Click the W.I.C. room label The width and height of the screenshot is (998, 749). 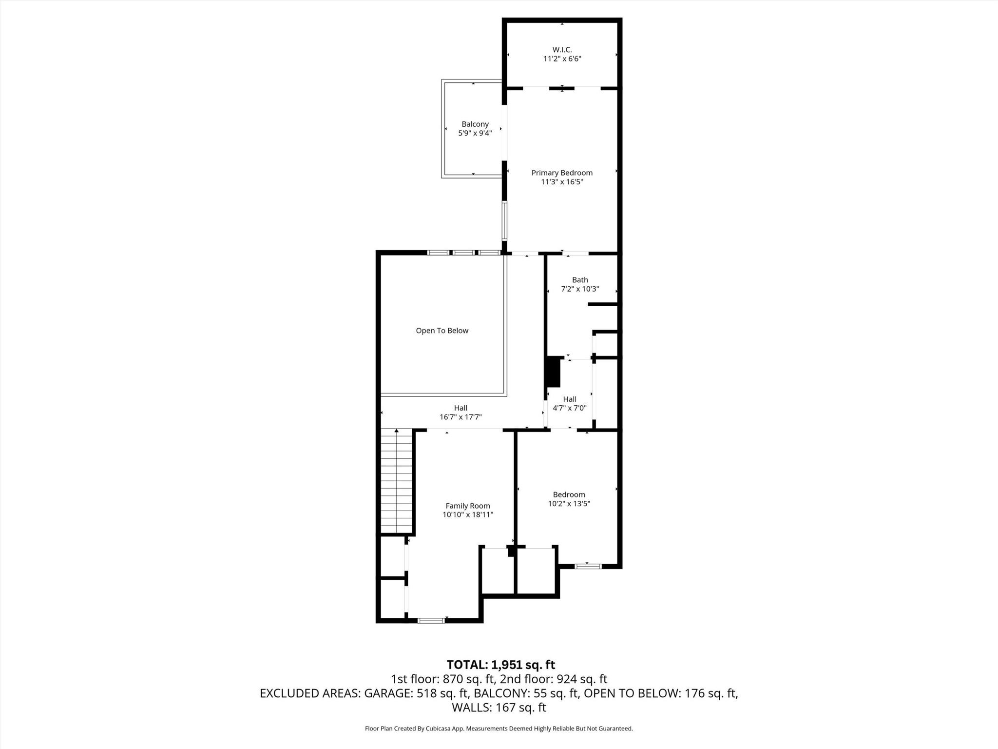tap(562, 50)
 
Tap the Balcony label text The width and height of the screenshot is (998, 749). tap(475, 124)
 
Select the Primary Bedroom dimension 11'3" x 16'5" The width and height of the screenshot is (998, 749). tap(562, 182)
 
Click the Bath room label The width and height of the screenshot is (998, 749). tap(580, 280)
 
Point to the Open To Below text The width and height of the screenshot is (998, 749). tap(442, 331)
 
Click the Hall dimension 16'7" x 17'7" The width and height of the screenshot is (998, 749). tap(461, 417)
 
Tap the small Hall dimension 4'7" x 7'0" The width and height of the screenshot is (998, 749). tap(570, 409)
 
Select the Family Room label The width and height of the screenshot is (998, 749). tap(468, 506)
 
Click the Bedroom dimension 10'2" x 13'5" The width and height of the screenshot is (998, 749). tap(569, 504)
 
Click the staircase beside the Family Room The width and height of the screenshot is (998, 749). tap(397, 481)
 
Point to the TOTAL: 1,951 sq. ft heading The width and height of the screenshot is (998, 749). tap(501, 665)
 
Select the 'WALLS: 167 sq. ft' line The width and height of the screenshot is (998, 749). tap(499, 708)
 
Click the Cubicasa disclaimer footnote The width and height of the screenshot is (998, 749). tap(499, 729)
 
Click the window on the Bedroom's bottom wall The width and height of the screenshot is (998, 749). tap(588, 566)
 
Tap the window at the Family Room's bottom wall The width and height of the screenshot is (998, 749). tap(431, 621)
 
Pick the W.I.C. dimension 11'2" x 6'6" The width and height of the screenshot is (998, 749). tap(562, 59)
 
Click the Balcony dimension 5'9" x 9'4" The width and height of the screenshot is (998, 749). tap(475, 133)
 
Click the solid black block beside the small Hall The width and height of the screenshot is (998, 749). tap(554, 372)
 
